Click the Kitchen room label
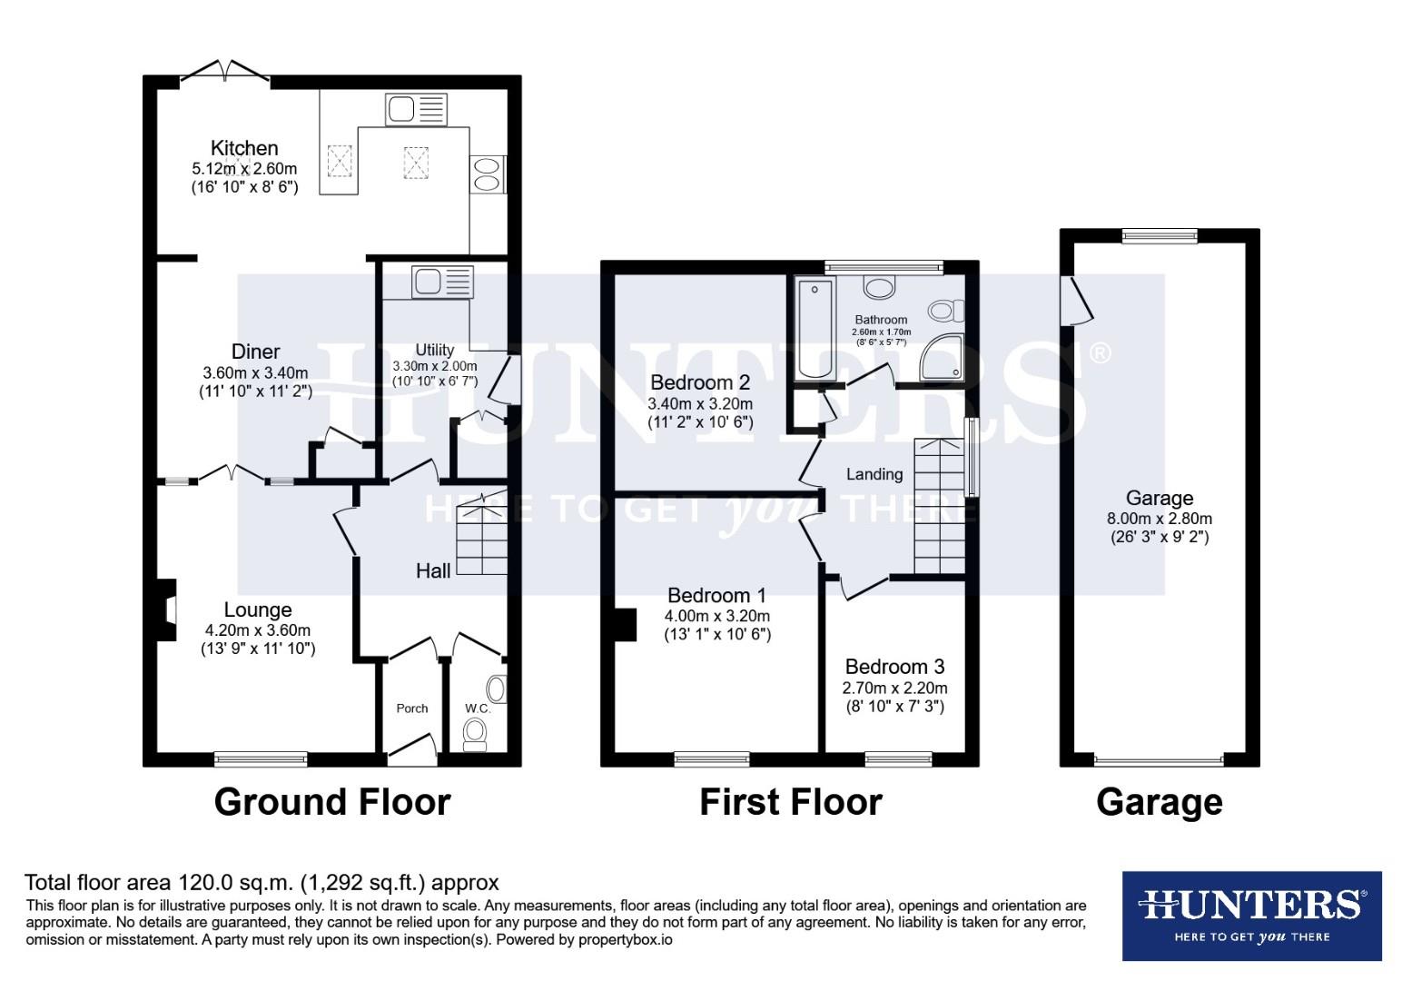point(244,148)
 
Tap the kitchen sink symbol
point(416,109)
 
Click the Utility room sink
point(443,282)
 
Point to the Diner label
point(255,352)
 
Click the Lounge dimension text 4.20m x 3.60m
point(258,630)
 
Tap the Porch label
point(411,708)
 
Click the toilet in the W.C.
point(475,731)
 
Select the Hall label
point(433,570)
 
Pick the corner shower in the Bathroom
point(941,358)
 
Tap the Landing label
point(874,474)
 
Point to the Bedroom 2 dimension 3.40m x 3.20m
point(700,403)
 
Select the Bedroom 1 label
point(716,596)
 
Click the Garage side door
point(1077,299)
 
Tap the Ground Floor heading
point(332,802)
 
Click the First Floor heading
point(790,802)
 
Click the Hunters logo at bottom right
point(1251,915)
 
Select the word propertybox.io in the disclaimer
point(626,940)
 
